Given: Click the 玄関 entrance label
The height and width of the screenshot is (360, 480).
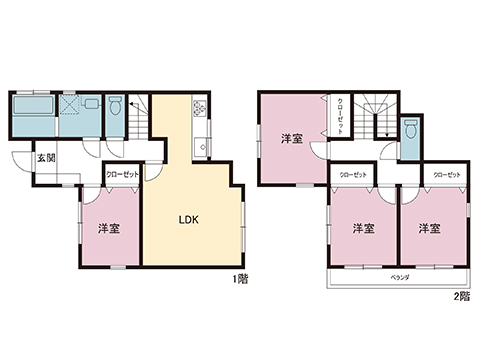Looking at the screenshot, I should (x=46, y=158).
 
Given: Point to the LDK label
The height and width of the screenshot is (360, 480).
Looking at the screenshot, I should (x=189, y=220).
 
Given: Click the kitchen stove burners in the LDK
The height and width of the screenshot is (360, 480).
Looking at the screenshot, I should (x=198, y=108).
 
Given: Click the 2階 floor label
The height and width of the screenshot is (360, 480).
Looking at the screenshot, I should (x=460, y=296).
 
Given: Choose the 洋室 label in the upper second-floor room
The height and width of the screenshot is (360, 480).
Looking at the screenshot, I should (x=290, y=139).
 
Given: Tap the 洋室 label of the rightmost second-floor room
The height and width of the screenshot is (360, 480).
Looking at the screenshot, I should (x=430, y=229).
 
